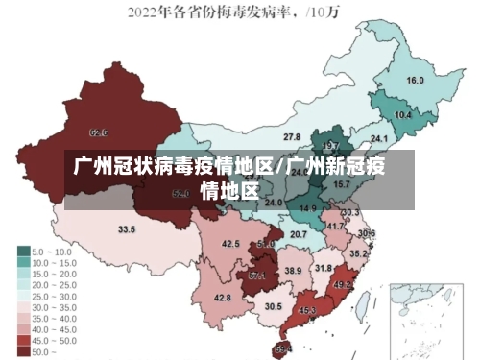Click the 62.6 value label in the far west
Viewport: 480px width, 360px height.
pos(98,132)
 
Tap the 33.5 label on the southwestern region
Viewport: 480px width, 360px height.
pos(127,229)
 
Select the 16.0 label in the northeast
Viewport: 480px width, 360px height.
pos(416,81)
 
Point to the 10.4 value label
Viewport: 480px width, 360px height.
pos(403,115)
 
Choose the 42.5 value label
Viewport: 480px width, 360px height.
pos(230,244)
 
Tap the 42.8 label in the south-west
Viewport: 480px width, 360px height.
pos(223,299)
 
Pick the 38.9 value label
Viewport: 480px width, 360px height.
pos(293,272)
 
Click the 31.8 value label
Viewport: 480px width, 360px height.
pos(324,268)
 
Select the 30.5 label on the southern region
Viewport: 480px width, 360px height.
pos(274,306)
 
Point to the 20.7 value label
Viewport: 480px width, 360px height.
pos(299,234)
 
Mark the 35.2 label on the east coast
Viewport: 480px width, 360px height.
pos(357,253)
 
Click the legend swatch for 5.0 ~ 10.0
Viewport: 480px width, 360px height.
pos(22,251)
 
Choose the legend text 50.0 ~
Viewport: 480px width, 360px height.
pos(44,353)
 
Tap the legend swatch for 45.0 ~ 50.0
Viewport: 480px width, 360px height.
pos(22,342)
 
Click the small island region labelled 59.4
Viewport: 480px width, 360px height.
pos(282,348)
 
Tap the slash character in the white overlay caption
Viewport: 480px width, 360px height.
pos(280,167)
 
